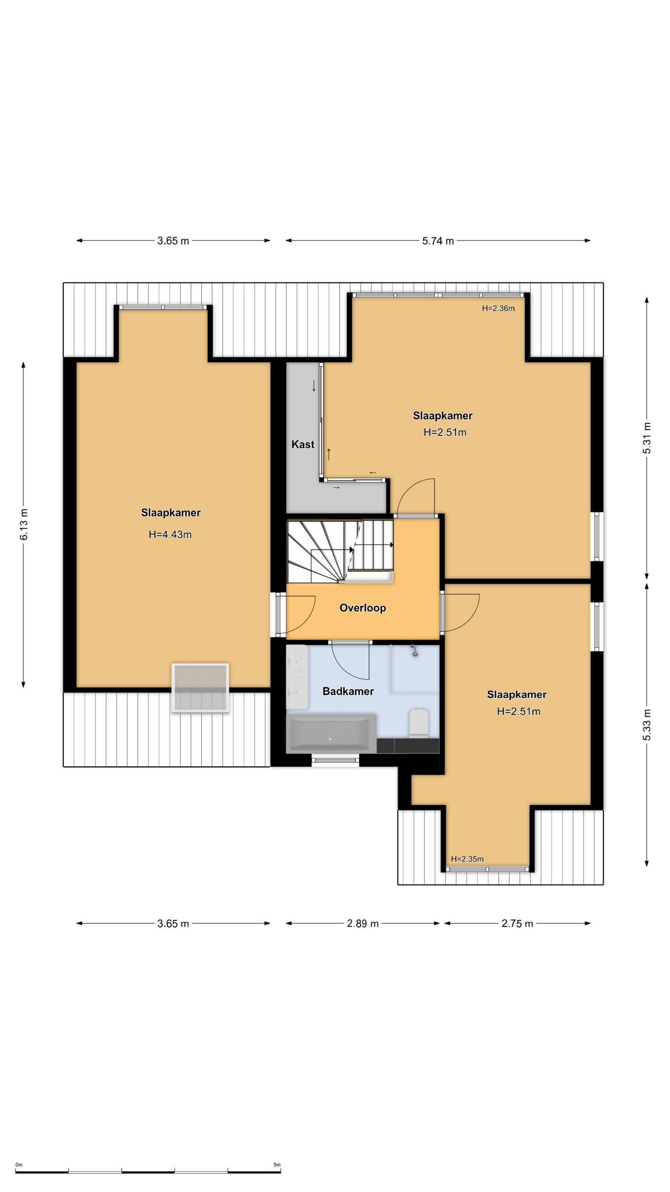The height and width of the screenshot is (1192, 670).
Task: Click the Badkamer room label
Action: (348, 691)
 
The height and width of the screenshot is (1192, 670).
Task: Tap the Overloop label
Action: (363, 608)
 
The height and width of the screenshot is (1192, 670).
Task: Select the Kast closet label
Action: (303, 445)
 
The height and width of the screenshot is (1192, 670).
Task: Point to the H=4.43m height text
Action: (170, 534)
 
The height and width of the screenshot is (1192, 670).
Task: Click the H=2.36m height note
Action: (498, 308)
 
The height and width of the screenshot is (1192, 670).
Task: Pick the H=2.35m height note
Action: (467, 859)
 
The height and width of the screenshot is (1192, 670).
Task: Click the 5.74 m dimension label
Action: (438, 241)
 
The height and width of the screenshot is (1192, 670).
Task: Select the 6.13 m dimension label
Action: (24, 524)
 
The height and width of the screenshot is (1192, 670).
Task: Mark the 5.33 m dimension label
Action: (647, 725)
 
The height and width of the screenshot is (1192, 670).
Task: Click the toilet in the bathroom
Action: (419, 723)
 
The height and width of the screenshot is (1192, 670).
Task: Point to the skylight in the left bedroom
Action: (200, 688)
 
